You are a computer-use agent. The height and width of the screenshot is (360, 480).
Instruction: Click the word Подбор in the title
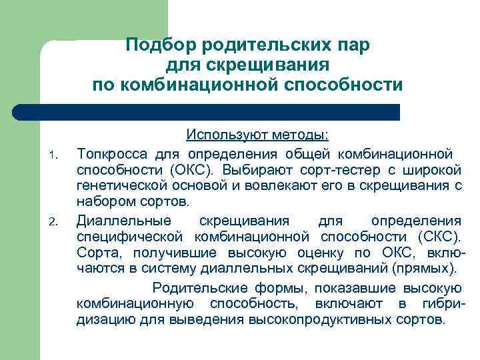pyautogui.click(x=157, y=45)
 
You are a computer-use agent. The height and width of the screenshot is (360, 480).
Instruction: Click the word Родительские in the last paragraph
pyautogui.click(x=194, y=288)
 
